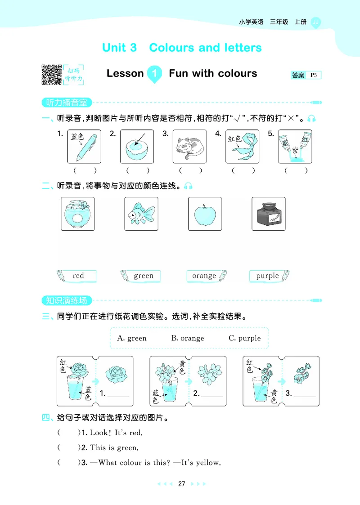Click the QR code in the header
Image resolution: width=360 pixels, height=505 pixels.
coord(51,75)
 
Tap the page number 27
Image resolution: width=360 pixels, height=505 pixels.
coord(181,484)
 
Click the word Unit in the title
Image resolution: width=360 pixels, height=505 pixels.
coord(119,48)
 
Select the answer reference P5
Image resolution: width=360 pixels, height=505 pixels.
coord(314,75)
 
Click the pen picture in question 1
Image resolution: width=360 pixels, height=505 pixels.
coord(84,147)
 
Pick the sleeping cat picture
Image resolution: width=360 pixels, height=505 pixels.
coord(189,147)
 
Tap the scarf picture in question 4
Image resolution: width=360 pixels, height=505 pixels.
coord(243,147)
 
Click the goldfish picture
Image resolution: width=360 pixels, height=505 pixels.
coord(141,214)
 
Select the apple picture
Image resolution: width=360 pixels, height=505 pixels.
coord(205,214)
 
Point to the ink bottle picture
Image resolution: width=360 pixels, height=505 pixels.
coord(269,214)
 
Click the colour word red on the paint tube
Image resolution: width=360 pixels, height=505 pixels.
coord(78,276)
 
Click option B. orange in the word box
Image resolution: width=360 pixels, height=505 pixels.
coord(188,338)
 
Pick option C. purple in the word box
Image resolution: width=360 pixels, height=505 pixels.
coord(245,338)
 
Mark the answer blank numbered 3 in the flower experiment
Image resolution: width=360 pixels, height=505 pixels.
coord(305,394)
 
